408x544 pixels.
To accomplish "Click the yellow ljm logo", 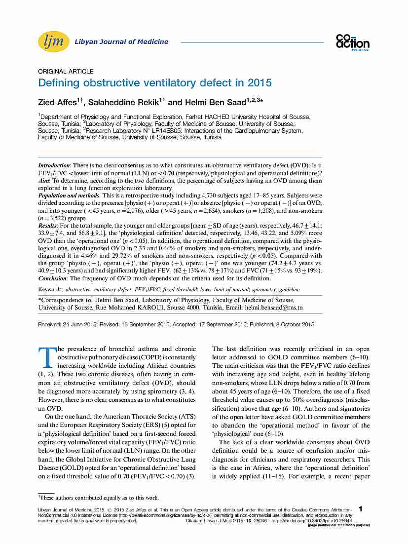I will [x=53, y=42].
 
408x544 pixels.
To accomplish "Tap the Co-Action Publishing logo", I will [x=352, y=42].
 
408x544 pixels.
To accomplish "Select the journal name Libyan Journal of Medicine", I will [x=121, y=42].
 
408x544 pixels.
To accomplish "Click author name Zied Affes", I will [x=59, y=103].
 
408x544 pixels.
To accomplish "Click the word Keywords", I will [x=51, y=289].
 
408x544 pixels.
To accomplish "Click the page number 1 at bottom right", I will [x=362, y=509].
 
